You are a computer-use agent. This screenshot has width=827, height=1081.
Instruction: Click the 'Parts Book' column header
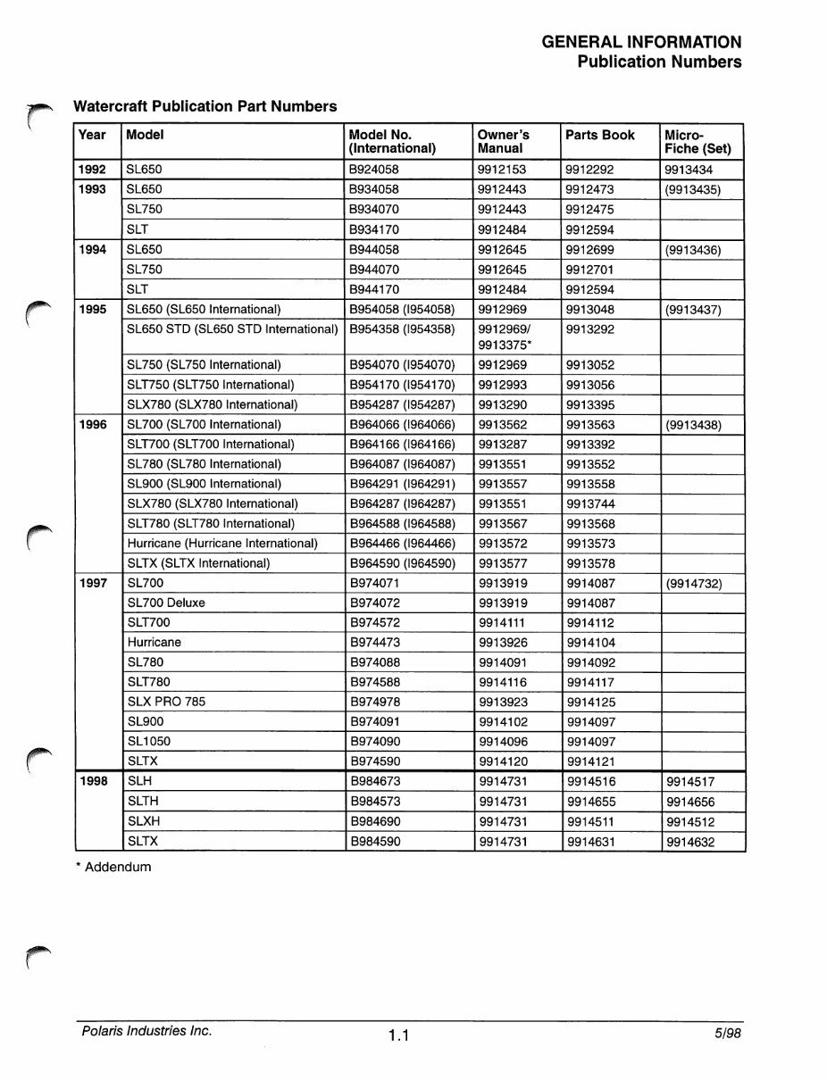(600, 135)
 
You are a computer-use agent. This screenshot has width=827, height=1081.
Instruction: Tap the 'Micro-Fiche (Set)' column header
(698, 141)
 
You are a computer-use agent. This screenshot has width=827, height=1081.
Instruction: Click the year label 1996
(92, 425)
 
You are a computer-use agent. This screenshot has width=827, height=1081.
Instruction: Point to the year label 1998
(93, 782)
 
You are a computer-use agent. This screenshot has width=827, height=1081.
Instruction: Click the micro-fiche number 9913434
(689, 170)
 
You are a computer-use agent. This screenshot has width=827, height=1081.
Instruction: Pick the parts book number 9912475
(590, 210)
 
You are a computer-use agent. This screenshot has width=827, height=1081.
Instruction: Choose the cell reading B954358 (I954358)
(402, 329)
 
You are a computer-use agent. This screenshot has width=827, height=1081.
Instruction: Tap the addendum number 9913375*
(505, 345)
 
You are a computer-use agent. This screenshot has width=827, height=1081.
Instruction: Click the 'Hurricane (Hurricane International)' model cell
(222, 544)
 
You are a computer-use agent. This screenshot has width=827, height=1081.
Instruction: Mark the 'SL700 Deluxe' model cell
(166, 603)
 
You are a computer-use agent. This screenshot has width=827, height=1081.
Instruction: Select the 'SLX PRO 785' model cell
(166, 703)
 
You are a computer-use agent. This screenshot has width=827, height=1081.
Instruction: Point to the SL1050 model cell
(149, 742)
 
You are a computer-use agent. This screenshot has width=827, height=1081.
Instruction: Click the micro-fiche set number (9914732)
(694, 584)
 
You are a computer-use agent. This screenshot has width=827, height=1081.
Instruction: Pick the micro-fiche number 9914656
(690, 802)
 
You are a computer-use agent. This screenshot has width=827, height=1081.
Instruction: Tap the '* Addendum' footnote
(113, 867)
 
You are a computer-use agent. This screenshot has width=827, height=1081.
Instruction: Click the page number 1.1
(398, 1035)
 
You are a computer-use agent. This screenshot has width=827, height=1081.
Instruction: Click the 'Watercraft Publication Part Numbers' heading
(205, 106)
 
